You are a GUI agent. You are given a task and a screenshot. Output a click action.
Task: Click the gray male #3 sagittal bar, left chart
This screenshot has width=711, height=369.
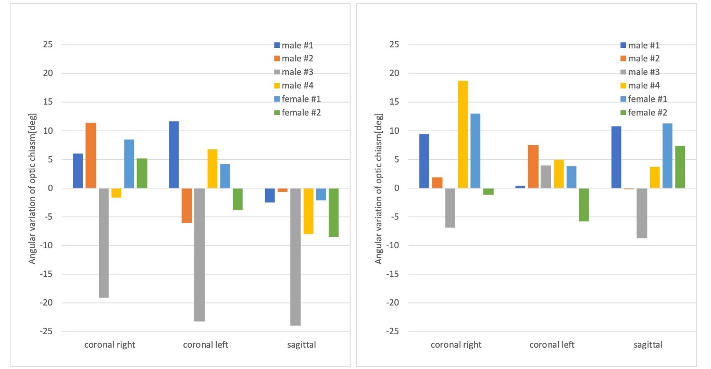pyautogui.click(x=295, y=257)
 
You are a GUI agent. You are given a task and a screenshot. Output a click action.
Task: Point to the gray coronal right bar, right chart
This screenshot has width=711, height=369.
pyautogui.click(x=450, y=208)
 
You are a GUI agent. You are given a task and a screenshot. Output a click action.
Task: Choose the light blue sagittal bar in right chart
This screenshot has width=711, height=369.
pyautogui.click(x=667, y=156)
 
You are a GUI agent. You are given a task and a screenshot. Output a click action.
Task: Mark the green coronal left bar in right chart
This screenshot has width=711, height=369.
pyautogui.click(x=584, y=205)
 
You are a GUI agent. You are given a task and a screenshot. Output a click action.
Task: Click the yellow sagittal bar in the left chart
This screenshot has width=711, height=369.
pyautogui.click(x=308, y=211)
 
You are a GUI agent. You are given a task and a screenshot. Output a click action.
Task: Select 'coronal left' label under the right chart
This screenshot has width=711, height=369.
pyautogui.click(x=552, y=345)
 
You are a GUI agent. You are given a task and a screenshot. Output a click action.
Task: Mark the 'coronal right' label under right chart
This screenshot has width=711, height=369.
pyautogui.click(x=456, y=345)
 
